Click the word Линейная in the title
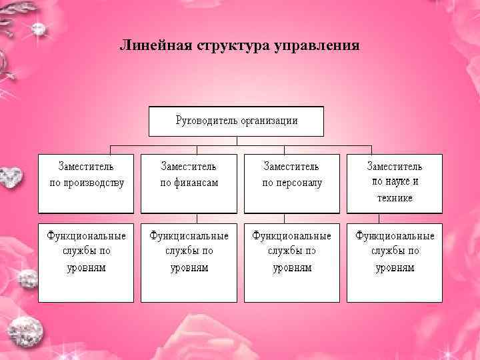[x=154, y=46]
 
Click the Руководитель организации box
[x=236, y=121]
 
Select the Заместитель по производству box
[x=86, y=183]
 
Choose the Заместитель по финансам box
[x=189, y=183]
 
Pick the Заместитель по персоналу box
[x=292, y=183]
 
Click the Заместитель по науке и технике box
[x=395, y=183]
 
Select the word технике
[x=395, y=198]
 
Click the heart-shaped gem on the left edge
[x=9, y=176]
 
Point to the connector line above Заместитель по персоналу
[x=285, y=149]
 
